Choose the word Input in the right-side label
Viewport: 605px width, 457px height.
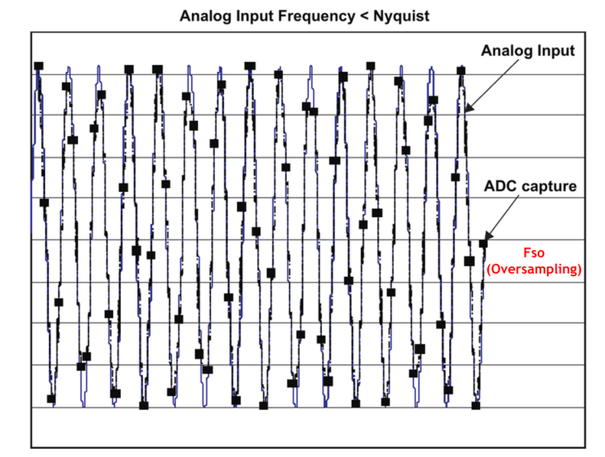click(x=555, y=51)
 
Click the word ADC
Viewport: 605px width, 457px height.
click(x=499, y=185)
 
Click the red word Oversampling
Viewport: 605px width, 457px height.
click(x=533, y=269)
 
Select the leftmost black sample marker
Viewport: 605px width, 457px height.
click(x=38, y=66)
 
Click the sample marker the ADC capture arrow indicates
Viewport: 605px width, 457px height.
click(x=483, y=243)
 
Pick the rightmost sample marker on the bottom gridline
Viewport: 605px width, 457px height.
click(x=476, y=405)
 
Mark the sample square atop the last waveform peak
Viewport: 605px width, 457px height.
click(x=460, y=70)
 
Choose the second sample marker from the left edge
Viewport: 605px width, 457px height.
click(x=44, y=202)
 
